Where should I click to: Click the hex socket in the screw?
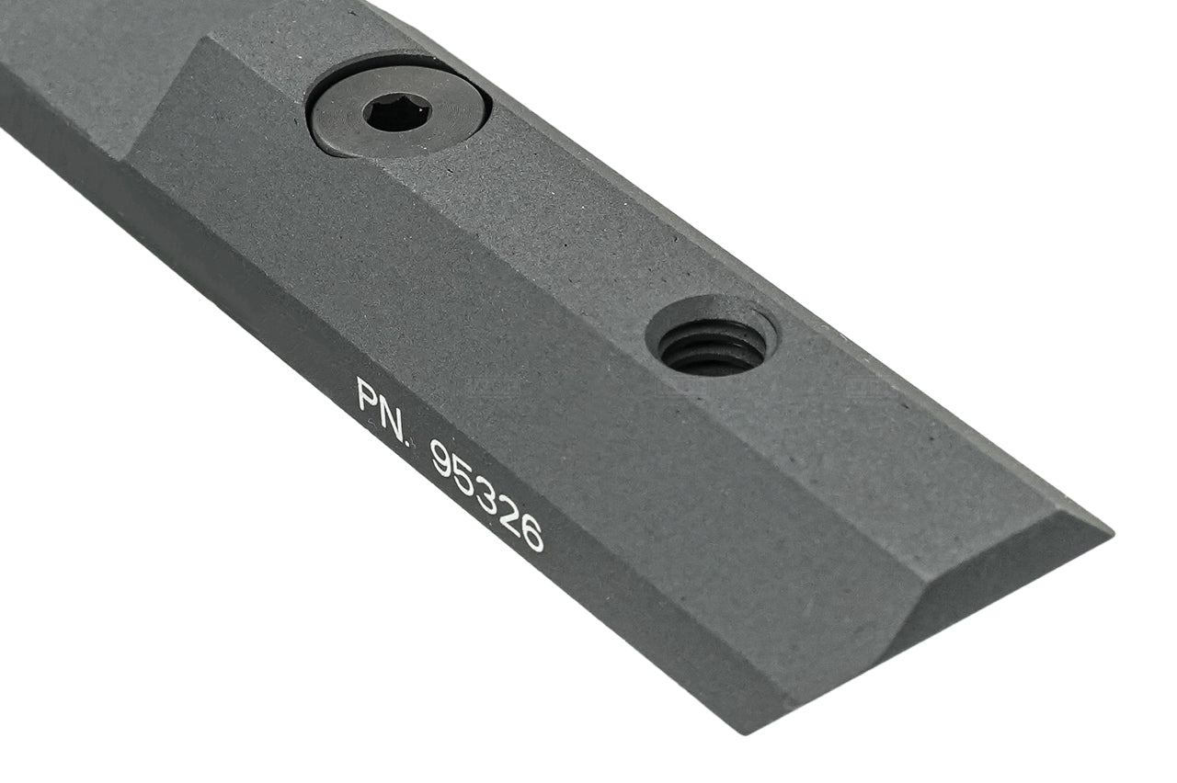pos(396,112)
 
